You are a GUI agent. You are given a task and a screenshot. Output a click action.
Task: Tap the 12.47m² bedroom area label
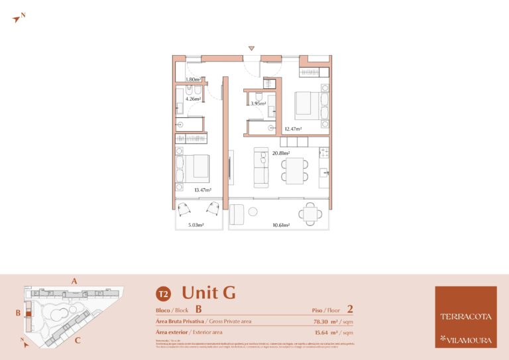click(293, 129)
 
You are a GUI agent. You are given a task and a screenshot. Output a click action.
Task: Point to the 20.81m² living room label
click(282, 153)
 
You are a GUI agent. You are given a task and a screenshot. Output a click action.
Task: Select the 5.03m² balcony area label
click(195, 225)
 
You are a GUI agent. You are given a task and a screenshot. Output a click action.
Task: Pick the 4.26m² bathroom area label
click(193, 99)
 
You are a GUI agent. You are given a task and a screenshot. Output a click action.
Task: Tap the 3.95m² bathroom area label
click(258, 103)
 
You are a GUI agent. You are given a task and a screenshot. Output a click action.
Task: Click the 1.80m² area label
click(193, 80)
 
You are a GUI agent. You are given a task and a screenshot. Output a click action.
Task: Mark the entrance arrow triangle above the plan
click(251, 48)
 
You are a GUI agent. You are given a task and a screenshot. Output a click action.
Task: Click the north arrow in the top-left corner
click(17, 19)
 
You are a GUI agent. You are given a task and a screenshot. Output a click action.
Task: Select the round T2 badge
click(162, 293)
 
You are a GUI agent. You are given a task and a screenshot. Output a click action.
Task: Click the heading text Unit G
click(208, 292)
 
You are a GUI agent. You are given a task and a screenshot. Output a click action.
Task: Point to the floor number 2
click(349, 309)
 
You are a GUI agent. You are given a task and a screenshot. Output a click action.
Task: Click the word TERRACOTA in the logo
click(465, 316)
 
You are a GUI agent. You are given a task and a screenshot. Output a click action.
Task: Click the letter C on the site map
click(78, 341)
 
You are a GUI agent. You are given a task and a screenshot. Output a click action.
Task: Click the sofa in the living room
click(261, 167)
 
